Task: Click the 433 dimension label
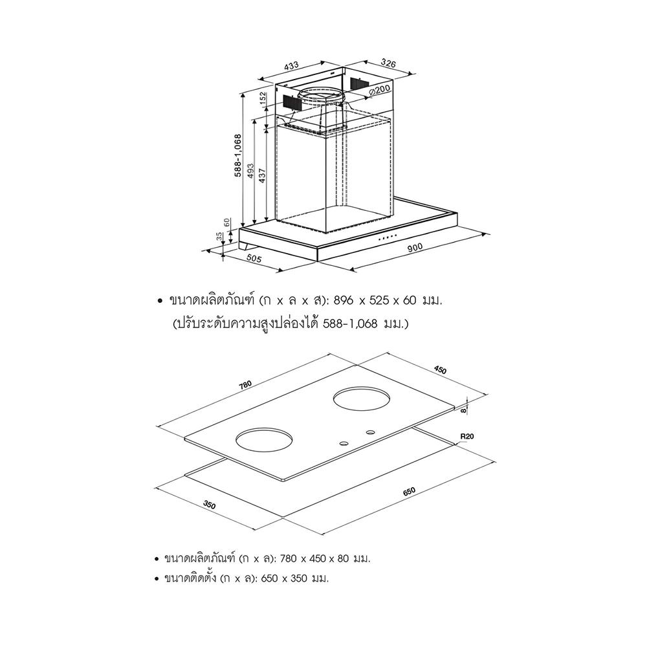(x=291, y=65)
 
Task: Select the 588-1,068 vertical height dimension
(x=238, y=156)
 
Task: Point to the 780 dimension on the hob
(x=245, y=386)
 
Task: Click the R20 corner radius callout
(x=467, y=437)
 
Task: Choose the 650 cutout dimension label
(x=408, y=492)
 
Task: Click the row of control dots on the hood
(x=388, y=238)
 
